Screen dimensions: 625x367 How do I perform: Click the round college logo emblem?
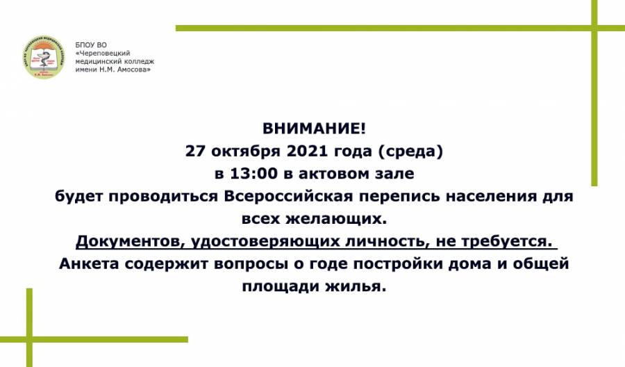coord(44,56)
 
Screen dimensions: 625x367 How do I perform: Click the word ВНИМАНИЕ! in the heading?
coord(314,129)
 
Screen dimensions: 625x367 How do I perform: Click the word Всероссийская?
coord(289,196)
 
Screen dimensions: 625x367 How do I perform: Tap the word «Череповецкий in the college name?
coord(103,54)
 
